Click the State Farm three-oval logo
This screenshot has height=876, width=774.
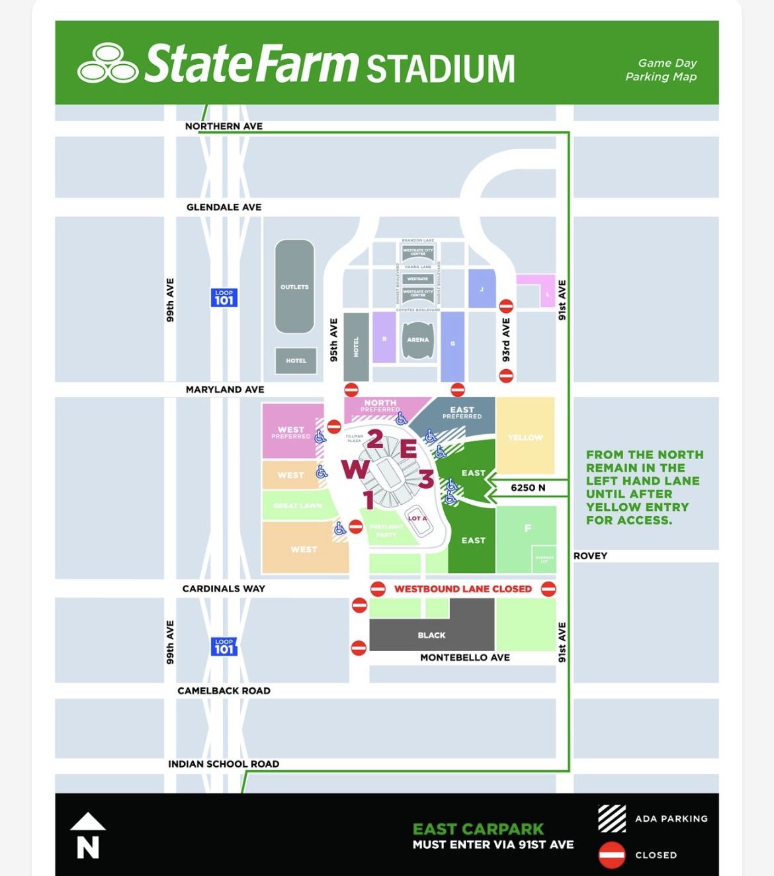[107, 64]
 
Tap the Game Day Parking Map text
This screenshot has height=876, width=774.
[661, 69]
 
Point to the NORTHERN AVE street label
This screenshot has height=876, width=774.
[224, 126]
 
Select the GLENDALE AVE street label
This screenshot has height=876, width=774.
[224, 207]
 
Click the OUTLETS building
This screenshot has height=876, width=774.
[294, 286]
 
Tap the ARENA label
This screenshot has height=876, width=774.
[417, 339]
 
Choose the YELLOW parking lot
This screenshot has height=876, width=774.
[525, 437]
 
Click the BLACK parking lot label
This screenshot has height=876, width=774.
[431, 635]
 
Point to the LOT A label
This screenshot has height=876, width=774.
[417, 518]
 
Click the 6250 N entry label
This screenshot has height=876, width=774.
[528, 488]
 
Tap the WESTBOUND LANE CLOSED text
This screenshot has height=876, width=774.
[463, 589]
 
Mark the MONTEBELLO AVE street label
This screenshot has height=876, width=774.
[465, 657]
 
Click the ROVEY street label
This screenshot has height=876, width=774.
[590, 556]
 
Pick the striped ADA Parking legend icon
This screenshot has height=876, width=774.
[612, 818]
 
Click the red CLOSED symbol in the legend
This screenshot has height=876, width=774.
[612, 855]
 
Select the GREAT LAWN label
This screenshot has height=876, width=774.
[298, 505]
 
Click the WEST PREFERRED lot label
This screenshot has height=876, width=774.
[291, 433]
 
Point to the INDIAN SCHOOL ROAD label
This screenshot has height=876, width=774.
[224, 764]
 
